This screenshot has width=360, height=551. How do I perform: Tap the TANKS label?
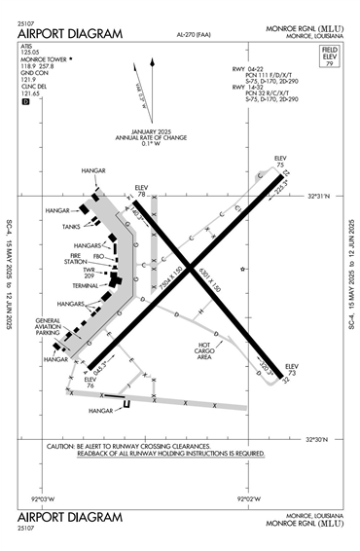(x=70, y=226)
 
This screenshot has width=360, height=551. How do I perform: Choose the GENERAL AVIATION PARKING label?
(x=48, y=327)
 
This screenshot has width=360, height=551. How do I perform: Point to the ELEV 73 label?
(x=289, y=369)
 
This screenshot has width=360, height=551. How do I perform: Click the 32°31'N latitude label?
(x=319, y=197)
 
